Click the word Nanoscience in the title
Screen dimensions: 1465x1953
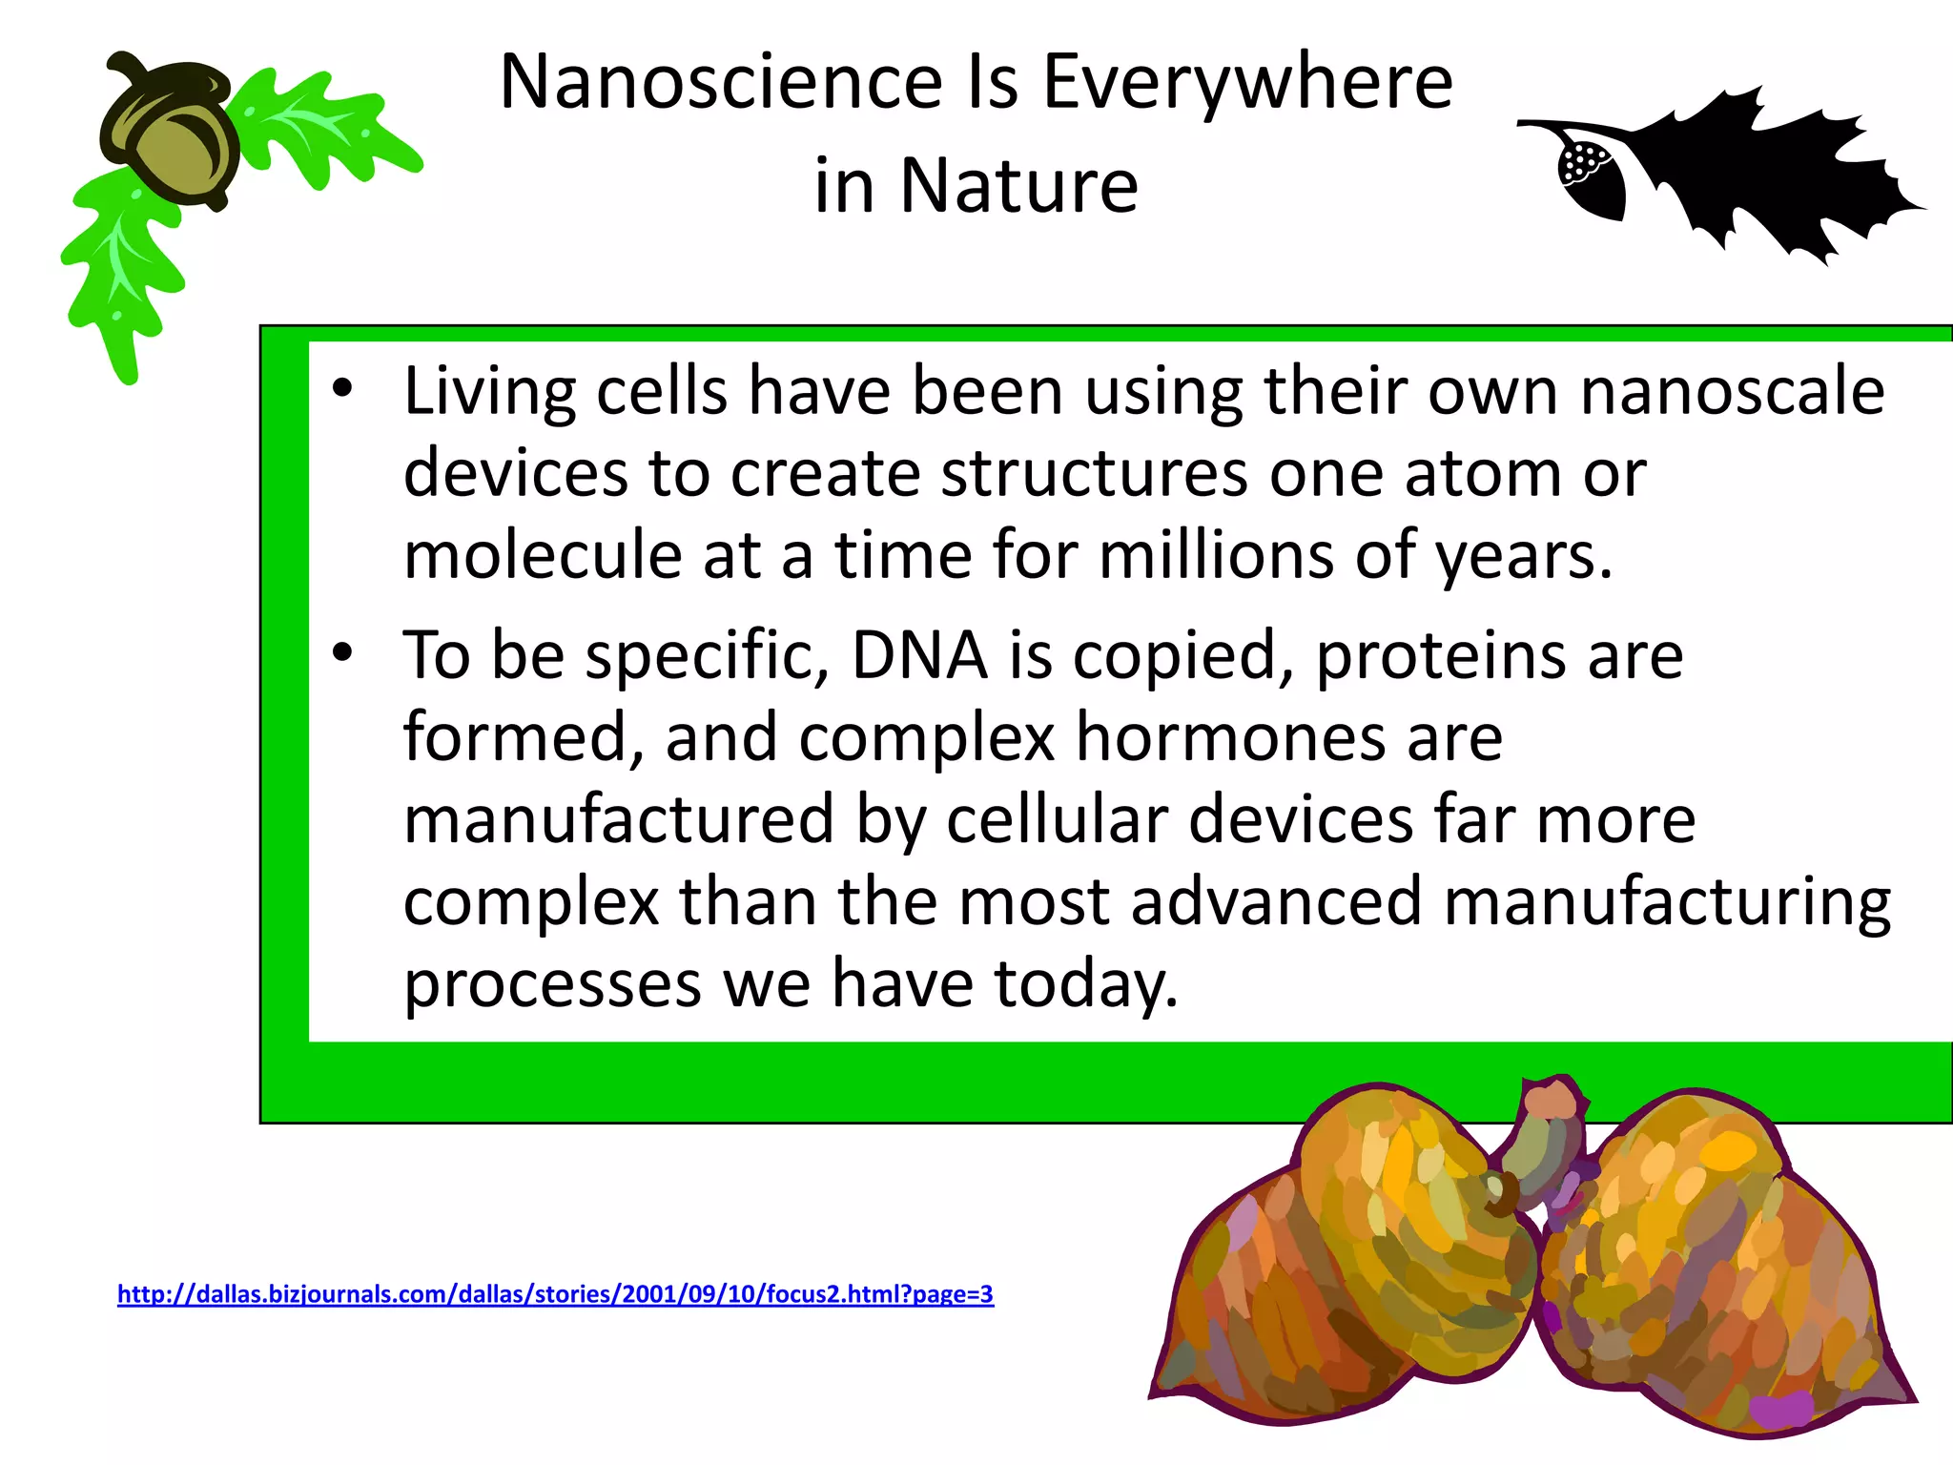pos(721,82)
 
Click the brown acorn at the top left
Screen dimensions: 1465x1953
pos(172,134)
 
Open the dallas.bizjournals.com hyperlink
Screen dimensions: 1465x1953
pos(555,1294)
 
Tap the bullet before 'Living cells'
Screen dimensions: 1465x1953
pos(342,388)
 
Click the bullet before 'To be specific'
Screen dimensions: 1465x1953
pos(342,652)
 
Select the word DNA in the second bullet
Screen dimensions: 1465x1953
pos(919,656)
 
